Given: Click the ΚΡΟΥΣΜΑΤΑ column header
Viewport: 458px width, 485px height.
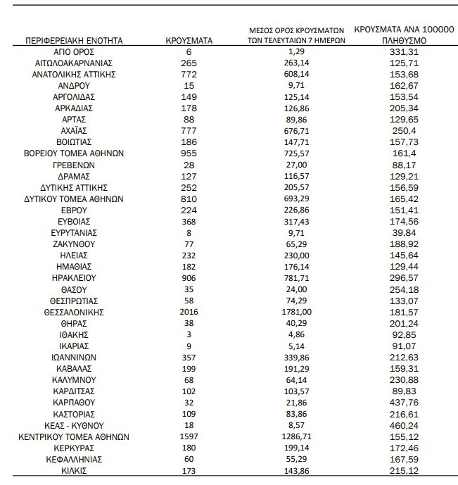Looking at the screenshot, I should (187, 41).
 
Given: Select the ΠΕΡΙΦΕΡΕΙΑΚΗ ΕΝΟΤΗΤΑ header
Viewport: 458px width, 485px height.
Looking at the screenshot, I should (74, 41).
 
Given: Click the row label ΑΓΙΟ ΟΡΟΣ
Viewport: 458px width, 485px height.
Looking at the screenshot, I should (75, 52).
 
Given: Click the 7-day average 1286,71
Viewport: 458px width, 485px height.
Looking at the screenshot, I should (295, 436).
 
